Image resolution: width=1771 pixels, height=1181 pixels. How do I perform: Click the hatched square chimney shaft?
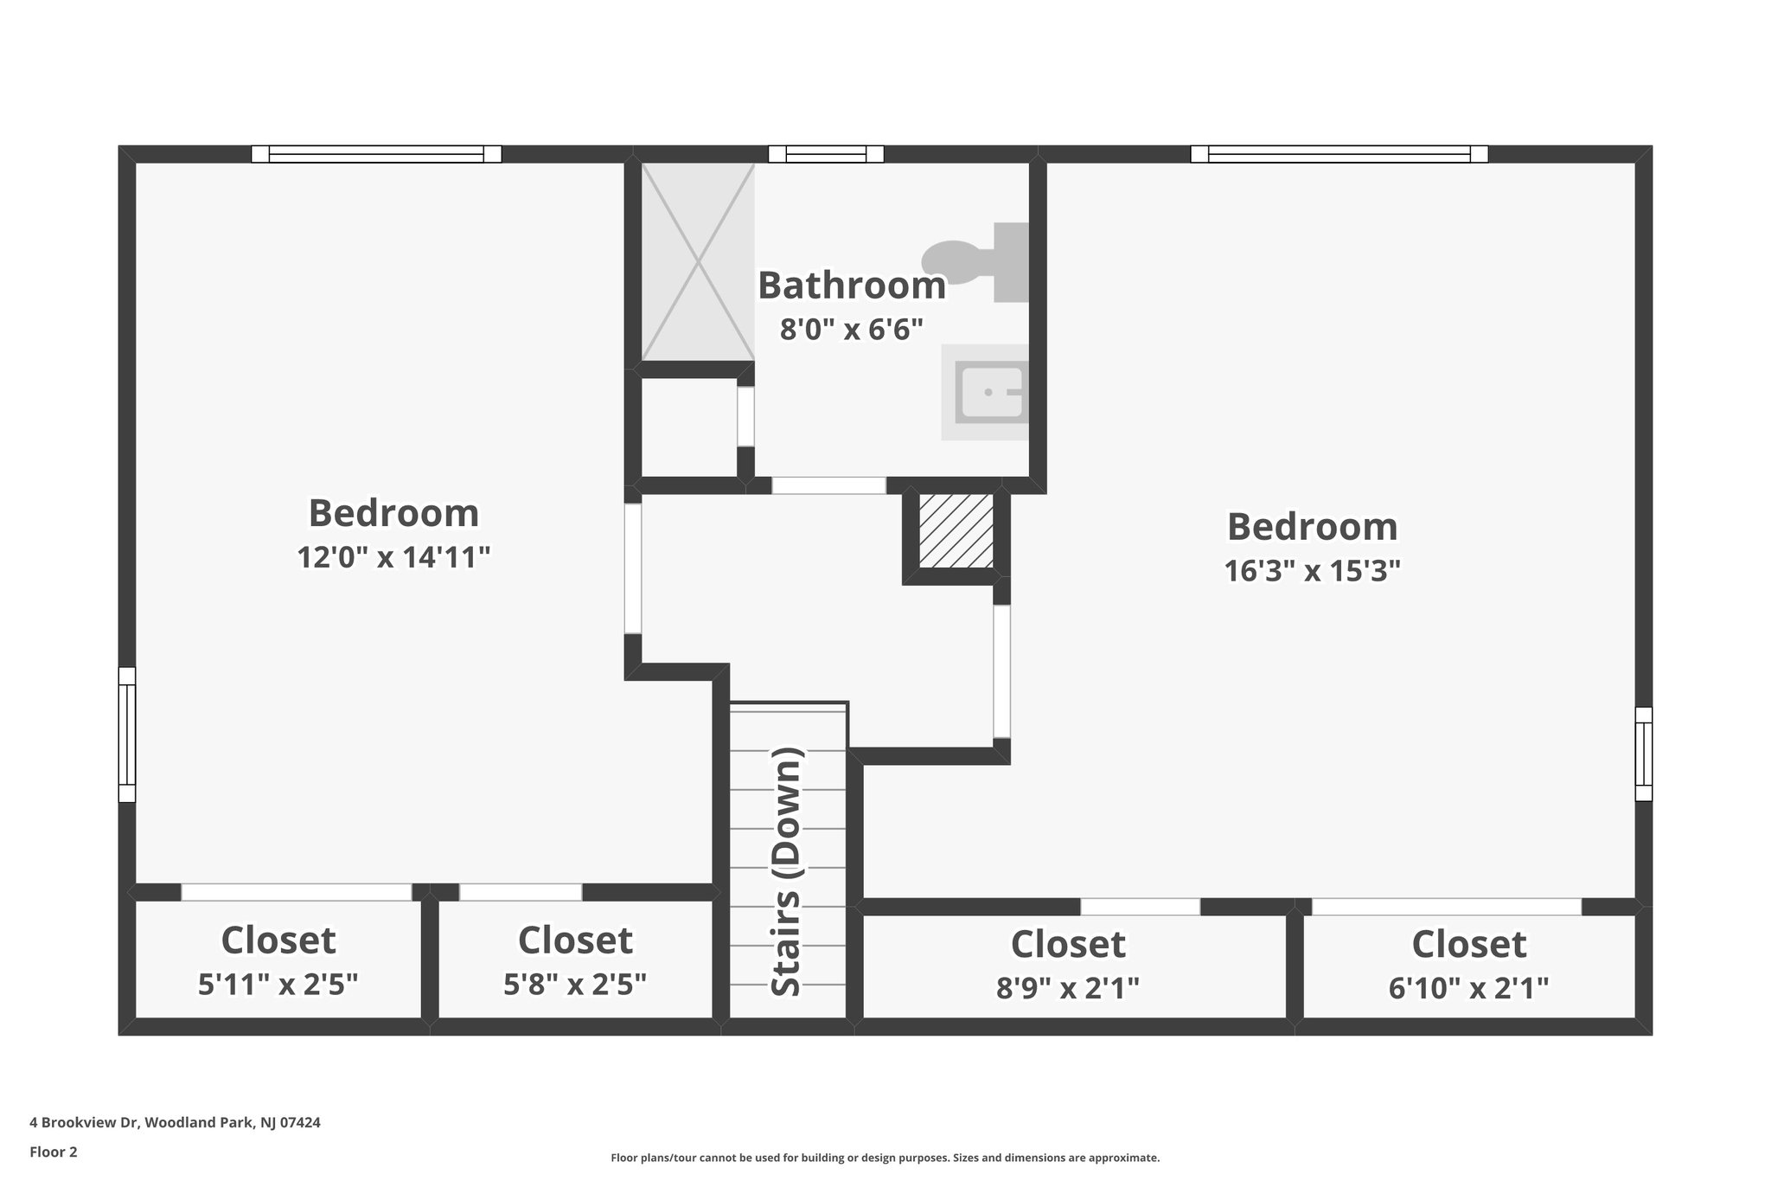click(956, 531)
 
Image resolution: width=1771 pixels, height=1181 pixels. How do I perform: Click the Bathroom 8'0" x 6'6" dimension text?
click(852, 330)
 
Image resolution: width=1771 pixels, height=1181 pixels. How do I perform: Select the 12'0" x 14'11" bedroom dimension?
click(393, 557)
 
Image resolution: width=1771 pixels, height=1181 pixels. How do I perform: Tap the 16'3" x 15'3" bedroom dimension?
click(1312, 571)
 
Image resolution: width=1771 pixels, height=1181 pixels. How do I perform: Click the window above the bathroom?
click(826, 154)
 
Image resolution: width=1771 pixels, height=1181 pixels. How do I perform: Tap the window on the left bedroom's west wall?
click(127, 735)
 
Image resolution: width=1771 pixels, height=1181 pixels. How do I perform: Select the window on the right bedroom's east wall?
click(1643, 754)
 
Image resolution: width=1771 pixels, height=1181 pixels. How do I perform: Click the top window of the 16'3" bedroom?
click(1339, 154)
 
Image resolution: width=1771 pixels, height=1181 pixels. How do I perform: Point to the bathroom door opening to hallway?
click(828, 485)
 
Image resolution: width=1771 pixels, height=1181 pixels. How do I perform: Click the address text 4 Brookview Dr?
click(175, 1123)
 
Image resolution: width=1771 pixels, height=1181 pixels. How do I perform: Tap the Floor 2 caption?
click(54, 1152)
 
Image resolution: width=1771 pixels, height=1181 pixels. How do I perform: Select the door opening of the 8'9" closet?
click(1140, 907)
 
